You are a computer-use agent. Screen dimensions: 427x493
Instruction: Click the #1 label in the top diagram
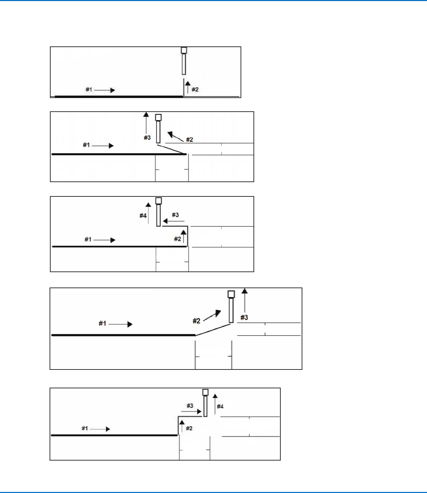89,90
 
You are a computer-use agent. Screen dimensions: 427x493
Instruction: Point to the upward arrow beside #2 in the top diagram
187,87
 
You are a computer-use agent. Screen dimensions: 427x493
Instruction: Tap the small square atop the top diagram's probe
184,50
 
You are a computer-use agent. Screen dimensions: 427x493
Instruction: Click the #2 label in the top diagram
195,90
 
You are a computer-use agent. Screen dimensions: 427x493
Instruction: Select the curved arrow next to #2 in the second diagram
176,136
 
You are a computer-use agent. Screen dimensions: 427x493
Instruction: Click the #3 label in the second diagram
147,138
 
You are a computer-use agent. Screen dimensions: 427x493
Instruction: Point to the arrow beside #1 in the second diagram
103,145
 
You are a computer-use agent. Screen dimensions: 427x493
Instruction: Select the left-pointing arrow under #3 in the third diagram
173,221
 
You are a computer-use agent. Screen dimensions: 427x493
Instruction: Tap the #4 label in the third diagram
143,216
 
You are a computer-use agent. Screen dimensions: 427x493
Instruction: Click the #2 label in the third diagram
177,239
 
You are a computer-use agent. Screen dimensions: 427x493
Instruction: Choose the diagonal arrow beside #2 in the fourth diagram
212,315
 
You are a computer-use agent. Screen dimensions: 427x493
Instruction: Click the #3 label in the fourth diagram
244,318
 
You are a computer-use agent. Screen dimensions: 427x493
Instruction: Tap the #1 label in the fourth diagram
102,323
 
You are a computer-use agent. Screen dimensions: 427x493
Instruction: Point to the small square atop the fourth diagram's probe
231,294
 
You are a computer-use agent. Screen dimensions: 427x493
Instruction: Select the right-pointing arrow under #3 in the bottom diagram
193,412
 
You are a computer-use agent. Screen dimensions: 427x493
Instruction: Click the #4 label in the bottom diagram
220,406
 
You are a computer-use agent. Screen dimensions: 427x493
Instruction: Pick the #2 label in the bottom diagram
189,428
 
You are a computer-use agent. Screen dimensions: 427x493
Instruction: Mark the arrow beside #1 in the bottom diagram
101,429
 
